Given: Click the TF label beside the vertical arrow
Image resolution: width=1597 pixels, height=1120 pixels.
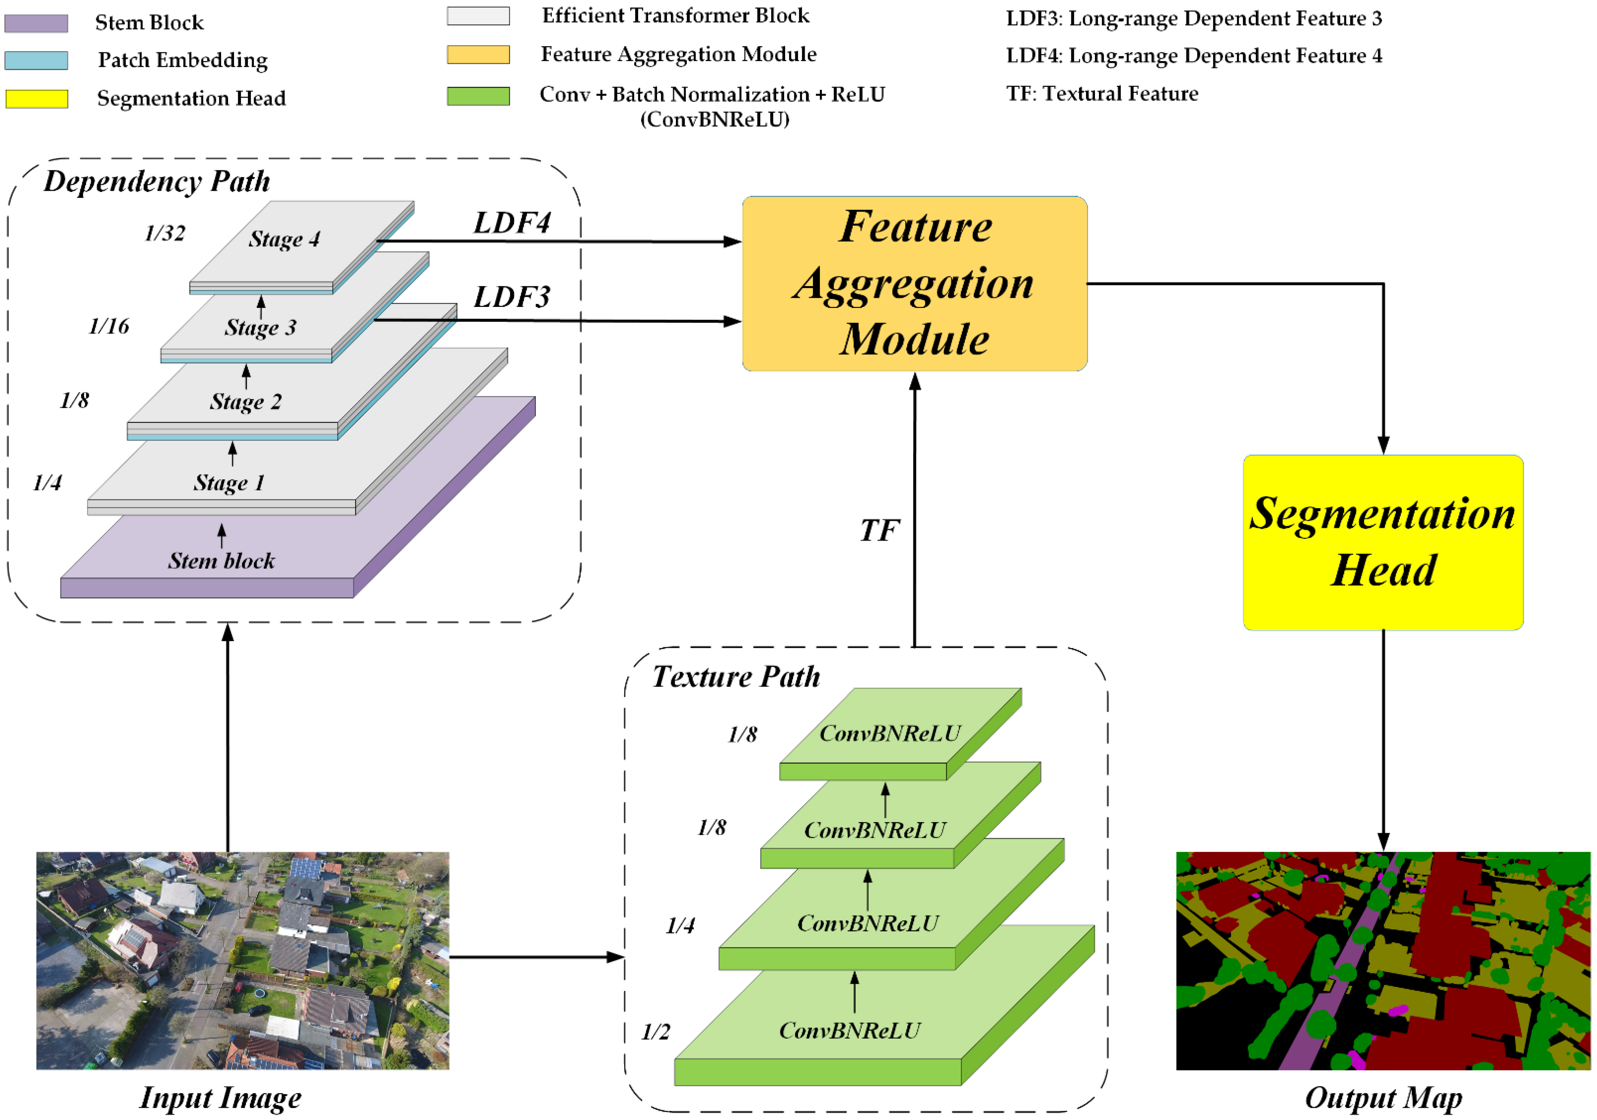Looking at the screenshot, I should tap(879, 531).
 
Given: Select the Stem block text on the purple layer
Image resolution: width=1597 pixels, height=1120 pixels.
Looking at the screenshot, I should tap(221, 560).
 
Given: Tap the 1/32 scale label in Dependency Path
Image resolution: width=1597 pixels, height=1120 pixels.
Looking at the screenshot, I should tap(165, 233).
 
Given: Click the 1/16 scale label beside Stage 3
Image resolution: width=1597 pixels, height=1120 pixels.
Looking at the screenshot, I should tap(109, 326).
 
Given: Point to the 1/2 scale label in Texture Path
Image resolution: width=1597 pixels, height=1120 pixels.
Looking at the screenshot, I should tap(655, 1032).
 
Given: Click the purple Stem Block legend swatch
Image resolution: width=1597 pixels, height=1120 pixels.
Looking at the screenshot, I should tap(36, 23).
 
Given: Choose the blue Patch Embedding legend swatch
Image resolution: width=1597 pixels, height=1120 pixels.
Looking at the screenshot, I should tap(36, 60).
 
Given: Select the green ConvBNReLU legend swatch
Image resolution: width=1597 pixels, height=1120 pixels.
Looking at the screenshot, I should tap(478, 96).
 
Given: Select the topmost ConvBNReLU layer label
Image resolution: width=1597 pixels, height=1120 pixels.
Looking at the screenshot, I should tap(889, 733).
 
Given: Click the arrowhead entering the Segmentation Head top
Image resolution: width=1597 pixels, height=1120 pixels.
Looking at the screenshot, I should tap(1383, 445).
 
